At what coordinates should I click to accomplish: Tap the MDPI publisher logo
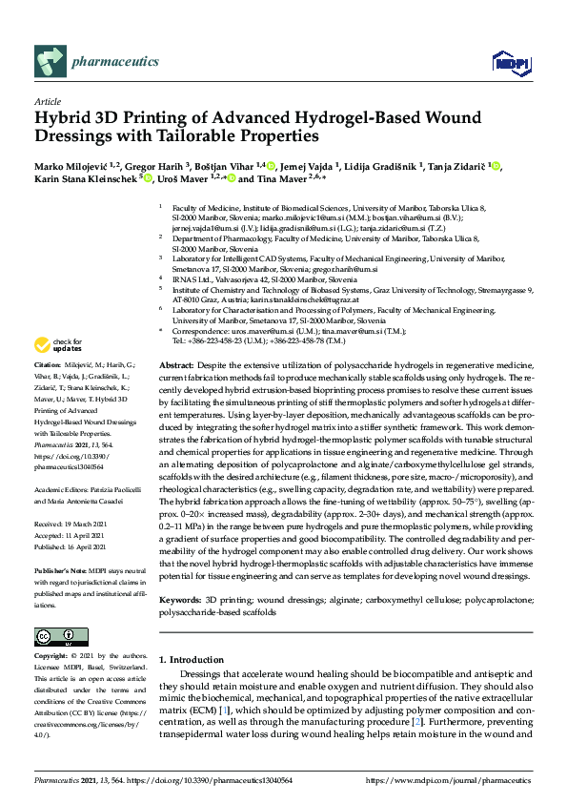(x=511, y=63)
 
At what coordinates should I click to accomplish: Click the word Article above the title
(x=48, y=102)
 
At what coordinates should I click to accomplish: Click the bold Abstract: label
(x=174, y=366)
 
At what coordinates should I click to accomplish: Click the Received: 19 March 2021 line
(x=76, y=524)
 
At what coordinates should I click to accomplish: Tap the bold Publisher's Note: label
(x=67, y=567)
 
